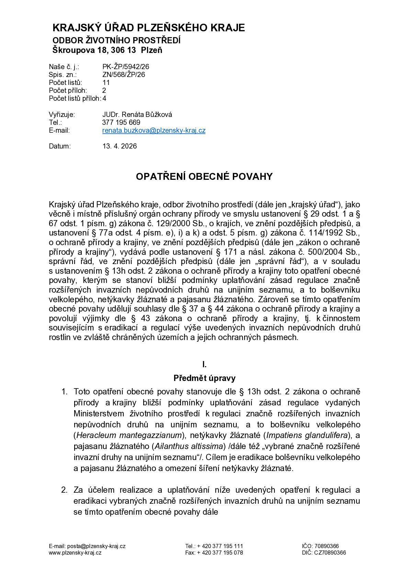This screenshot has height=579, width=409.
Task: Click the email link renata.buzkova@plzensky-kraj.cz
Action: (154, 131)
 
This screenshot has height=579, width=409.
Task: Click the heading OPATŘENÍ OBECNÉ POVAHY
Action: (204, 176)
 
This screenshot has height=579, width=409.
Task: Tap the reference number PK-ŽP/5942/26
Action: (126, 67)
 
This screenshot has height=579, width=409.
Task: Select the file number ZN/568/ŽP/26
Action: (124, 75)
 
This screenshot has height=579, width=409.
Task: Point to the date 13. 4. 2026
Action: (120, 146)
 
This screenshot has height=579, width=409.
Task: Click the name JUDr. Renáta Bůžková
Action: (137, 114)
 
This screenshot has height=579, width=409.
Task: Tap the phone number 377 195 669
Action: (121, 122)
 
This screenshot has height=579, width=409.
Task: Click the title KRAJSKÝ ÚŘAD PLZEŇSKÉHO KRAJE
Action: (149, 28)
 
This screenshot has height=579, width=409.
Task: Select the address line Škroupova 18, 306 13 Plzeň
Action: (107, 50)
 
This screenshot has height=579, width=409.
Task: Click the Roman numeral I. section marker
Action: (204, 364)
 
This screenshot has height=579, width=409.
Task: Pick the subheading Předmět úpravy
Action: (204, 379)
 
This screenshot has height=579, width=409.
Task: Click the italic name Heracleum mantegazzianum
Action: (129, 435)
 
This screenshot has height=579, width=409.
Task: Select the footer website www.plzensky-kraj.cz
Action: (75, 553)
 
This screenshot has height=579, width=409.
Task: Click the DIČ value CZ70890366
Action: (330, 553)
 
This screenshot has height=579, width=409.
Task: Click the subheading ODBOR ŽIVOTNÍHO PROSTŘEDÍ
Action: (116, 40)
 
